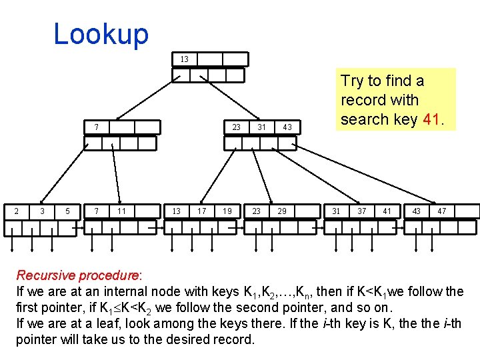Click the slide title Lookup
point(101,33)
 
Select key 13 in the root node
point(184,59)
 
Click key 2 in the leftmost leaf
point(16,211)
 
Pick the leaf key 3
point(42,211)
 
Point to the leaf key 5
point(68,211)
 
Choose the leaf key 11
point(121,211)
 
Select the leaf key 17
point(201,211)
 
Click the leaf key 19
point(227,211)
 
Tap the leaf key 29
point(282,211)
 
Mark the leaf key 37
point(361,211)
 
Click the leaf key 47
point(441,211)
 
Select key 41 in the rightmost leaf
point(387,211)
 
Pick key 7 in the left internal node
point(96,127)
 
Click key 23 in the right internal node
point(236,127)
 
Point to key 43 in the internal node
point(287,127)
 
